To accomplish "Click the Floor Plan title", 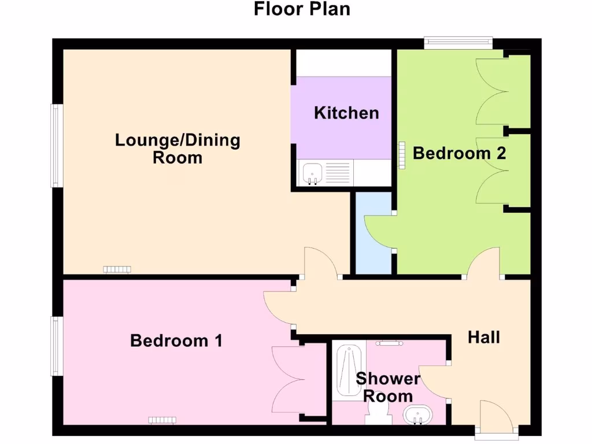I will coord(302,10).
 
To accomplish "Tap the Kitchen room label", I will coord(346,113).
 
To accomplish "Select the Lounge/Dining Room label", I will coord(177,149).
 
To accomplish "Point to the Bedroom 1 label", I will coord(176,341).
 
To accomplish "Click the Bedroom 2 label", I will coord(460,153).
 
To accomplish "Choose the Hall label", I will coord(484,337).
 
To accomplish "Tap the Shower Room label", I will coord(387,387).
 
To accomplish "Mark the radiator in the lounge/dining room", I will coord(117,269).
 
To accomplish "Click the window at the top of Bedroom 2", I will coord(458,42).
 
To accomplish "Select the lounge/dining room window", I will coord(56,146).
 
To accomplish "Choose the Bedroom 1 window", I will coord(56,346).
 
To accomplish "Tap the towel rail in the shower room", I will coord(391,343).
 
